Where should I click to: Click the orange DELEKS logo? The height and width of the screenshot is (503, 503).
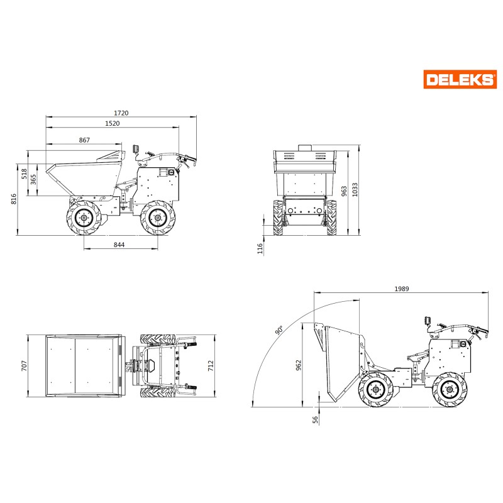tap(460, 79)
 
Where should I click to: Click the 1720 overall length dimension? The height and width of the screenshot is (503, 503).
tap(121, 113)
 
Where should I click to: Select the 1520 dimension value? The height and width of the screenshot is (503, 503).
tap(113, 123)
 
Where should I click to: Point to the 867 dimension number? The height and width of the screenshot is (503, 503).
tap(84, 140)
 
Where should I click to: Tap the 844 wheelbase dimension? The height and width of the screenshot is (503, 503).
tap(119, 245)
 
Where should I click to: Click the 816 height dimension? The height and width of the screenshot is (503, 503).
tap(13, 199)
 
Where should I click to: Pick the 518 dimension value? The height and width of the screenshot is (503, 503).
tap(24, 174)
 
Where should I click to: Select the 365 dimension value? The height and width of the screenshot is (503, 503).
tap(33, 180)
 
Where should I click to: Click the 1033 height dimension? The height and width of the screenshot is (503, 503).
tap(355, 190)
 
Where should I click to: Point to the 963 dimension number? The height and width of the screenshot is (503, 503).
tap(344, 191)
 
